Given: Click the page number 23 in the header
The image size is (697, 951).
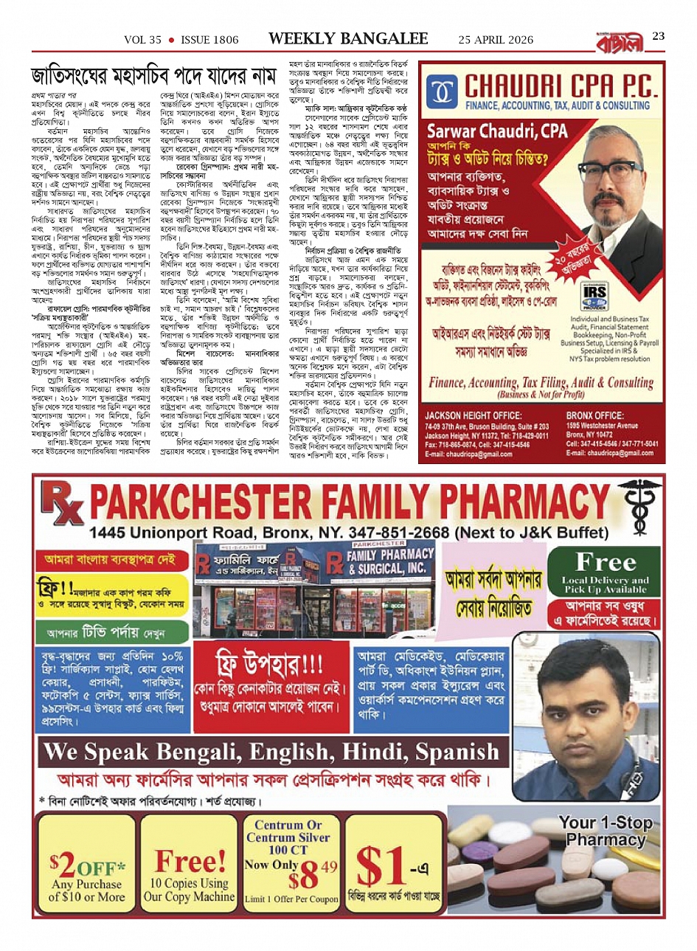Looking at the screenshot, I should pos(659,36).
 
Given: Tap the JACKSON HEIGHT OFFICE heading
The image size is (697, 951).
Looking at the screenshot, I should pos(473,416).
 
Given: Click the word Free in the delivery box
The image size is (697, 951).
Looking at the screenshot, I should pos(606,562).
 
